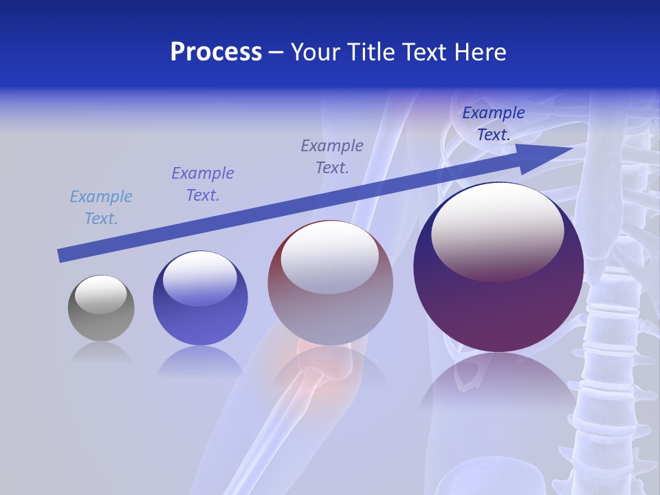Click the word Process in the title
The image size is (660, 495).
(x=216, y=52)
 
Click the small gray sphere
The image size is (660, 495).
(x=101, y=309)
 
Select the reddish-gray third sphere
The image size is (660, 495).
(x=330, y=283)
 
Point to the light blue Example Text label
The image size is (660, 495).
(x=101, y=208)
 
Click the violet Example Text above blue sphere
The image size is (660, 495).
(x=203, y=184)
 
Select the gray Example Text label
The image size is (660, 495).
(x=332, y=157)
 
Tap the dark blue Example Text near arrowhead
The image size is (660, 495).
(x=493, y=124)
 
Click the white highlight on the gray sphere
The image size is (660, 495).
(x=100, y=294)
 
